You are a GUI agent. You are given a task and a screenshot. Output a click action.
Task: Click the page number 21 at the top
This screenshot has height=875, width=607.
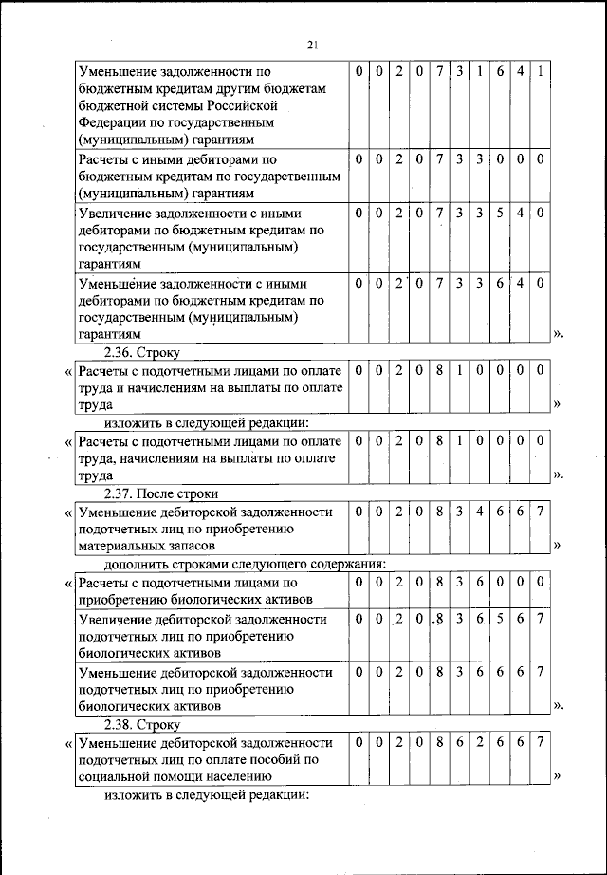(312, 45)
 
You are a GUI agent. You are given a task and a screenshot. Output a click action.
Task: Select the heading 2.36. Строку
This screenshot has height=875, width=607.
(142, 352)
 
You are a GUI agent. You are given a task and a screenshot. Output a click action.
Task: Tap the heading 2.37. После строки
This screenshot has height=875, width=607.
(161, 494)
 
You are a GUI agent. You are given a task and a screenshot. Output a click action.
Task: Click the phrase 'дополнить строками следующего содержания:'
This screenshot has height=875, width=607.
(237, 565)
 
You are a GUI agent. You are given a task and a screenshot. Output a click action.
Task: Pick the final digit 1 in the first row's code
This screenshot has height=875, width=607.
(539, 71)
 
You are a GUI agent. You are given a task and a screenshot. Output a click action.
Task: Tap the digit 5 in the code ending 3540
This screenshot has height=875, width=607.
(498, 214)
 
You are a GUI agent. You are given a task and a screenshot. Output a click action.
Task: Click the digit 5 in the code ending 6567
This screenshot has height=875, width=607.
(498, 619)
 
